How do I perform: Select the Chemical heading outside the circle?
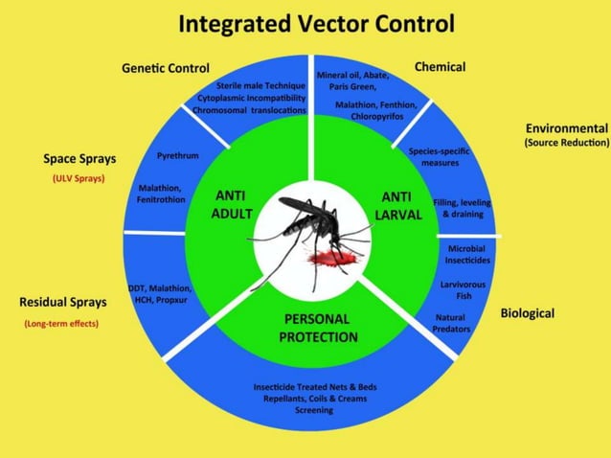click(x=440, y=67)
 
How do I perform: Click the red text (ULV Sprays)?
click(x=79, y=178)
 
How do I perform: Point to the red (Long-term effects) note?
click(x=61, y=324)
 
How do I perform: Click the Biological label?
click(x=527, y=313)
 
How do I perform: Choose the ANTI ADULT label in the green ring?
click(x=232, y=205)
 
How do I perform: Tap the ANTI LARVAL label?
click(x=396, y=205)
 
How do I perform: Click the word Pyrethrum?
click(x=177, y=155)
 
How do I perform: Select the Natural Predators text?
click(x=450, y=323)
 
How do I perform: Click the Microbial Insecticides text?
click(x=469, y=254)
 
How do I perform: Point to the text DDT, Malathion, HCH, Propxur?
click(x=161, y=293)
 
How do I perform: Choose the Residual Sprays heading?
click(x=63, y=302)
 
